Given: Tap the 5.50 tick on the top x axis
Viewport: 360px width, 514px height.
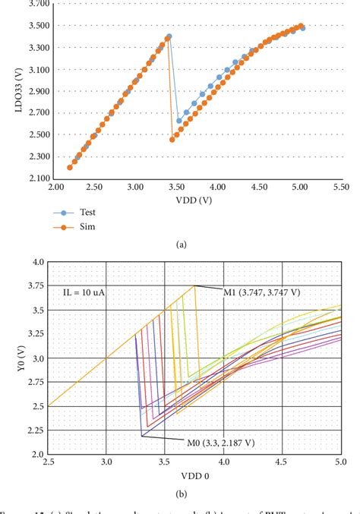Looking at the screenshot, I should pos(341,186).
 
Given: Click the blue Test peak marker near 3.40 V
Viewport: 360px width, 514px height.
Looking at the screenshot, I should pos(169,36).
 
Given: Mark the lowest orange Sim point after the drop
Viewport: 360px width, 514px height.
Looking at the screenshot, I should pos(172,140).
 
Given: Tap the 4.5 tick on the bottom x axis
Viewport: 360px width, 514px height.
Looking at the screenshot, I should pos(282,462).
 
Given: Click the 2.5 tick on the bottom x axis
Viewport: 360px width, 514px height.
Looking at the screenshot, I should pos(48,462).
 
